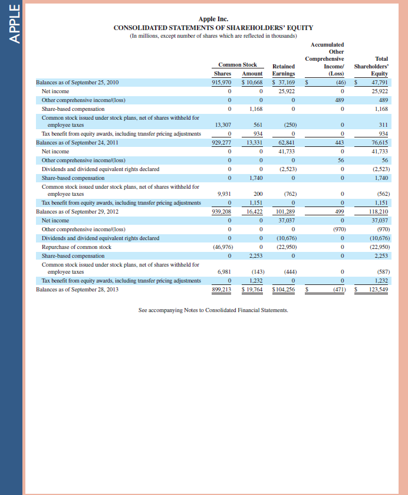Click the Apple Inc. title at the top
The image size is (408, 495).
tap(213, 19)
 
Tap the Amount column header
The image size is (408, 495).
tap(252, 73)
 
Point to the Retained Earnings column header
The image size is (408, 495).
tap(284, 70)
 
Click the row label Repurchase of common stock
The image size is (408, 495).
tap(77, 247)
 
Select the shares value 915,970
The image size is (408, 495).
tap(222, 83)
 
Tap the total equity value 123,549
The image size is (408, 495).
tap(378, 290)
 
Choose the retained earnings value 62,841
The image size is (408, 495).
tap(286, 143)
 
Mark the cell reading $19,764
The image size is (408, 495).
tap(252, 290)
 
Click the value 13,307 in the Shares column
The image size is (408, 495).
tap(222, 125)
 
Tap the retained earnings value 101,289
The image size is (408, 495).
tap(285, 211)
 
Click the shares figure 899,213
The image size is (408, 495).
tap(222, 290)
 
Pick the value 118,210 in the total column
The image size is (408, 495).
tap(377, 211)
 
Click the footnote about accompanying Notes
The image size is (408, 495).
tap(213, 310)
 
